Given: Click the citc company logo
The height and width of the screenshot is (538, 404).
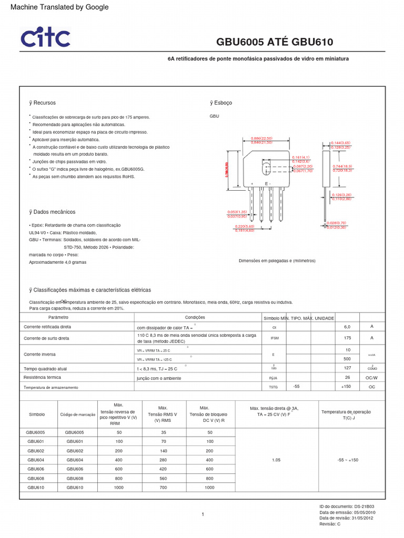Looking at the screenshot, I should click(x=45, y=38).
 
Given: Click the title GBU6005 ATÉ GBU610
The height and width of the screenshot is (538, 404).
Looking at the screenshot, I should click(x=275, y=42).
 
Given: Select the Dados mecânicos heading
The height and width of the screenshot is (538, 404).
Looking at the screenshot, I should click(x=52, y=212).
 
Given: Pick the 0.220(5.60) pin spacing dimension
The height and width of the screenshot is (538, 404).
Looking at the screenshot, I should click(x=245, y=226).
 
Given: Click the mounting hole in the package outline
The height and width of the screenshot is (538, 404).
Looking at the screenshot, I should click(x=266, y=169).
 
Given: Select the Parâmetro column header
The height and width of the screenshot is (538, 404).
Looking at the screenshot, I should click(x=58, y=318).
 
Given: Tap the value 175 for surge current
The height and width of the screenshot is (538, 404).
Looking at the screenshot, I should click(x=347, y=338).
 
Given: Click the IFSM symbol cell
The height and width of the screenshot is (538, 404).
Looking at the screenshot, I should click(x=274, y=338).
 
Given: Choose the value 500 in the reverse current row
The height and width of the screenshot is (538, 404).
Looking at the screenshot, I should click(x=347, y=359).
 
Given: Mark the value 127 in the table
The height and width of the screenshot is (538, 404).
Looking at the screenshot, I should click(x=347, y=368).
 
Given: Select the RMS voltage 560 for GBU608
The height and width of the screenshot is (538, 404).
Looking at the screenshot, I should click(x=163, y=479).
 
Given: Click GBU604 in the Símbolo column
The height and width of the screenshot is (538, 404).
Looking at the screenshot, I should click(x=36, y=460).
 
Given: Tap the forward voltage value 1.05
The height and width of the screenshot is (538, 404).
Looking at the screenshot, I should click(x=277, y=460).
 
